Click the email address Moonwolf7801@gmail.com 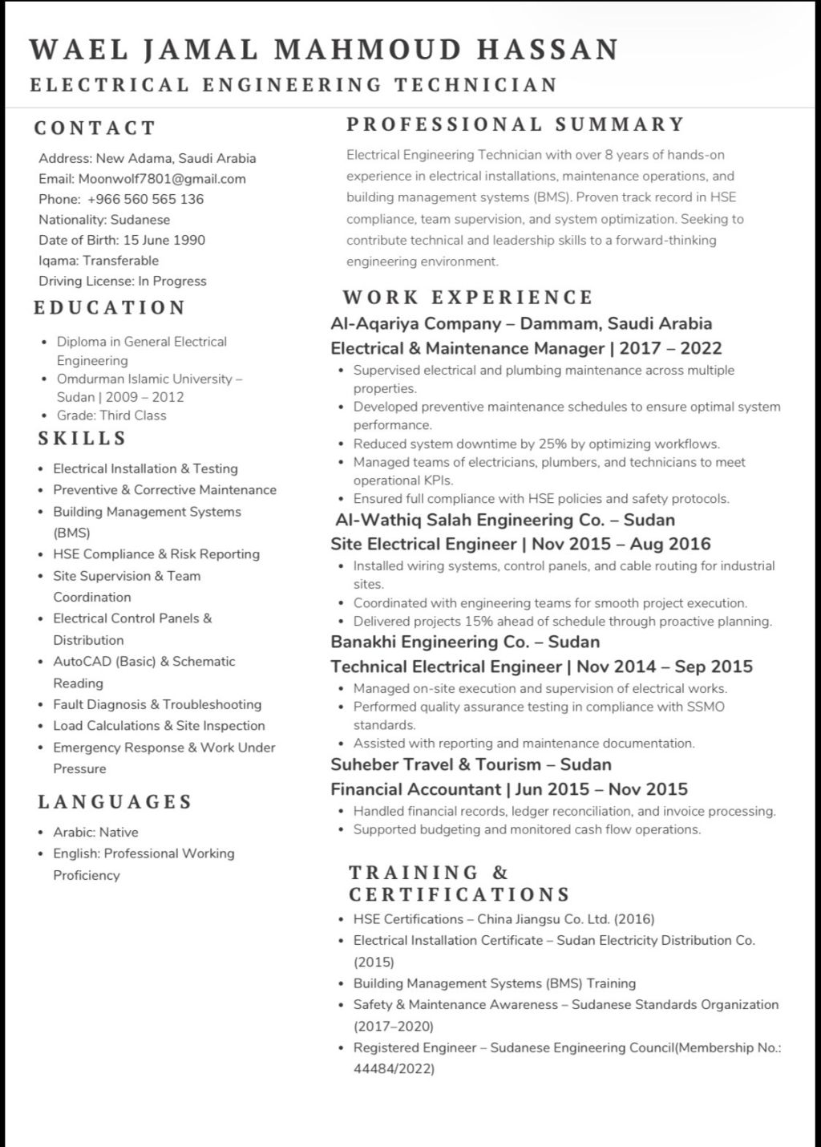coord(162,179)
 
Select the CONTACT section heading coord(95,128)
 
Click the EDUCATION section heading coord(110,308)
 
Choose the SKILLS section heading coord(83,439)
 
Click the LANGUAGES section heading coord(115,802)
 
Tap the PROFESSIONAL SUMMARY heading coord(516,124)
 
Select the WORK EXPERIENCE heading coord(467,298)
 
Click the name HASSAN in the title coord(548,50)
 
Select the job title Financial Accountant coord(415,789)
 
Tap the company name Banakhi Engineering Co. coord(430,642)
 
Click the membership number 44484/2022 coord(393,1068)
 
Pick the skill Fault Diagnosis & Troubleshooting coord(157,704)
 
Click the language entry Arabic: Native coord(95,833)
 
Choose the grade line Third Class coord(111,415)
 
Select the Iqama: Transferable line coord(99,261)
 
